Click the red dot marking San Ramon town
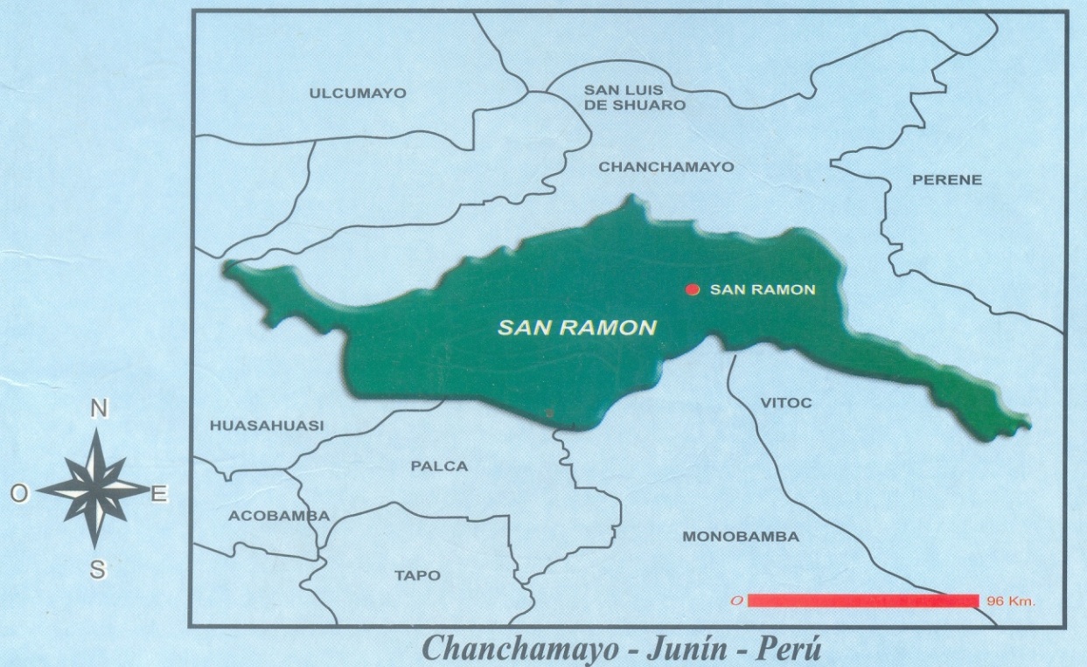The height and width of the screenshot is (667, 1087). tap(692, 289)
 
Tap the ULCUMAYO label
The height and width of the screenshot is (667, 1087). tap(358, 93)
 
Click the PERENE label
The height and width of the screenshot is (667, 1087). tap(947, 180)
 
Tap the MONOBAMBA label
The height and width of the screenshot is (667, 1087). tap(740, 537)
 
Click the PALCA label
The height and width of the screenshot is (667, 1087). tap(439, 466)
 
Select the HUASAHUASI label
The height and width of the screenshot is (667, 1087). tap(267, 426)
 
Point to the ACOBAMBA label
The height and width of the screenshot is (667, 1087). tap(279, 516)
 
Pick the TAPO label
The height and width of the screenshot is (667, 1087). tap(417, 575)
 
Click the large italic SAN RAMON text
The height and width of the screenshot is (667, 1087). tap(576, 328)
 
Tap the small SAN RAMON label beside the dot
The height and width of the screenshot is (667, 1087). tap(763, 289)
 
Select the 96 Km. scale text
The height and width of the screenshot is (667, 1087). tap(1009, 601)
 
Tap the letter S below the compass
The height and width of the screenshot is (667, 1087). tap(98, 570)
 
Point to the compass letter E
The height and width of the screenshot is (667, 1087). tap(159, 495)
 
